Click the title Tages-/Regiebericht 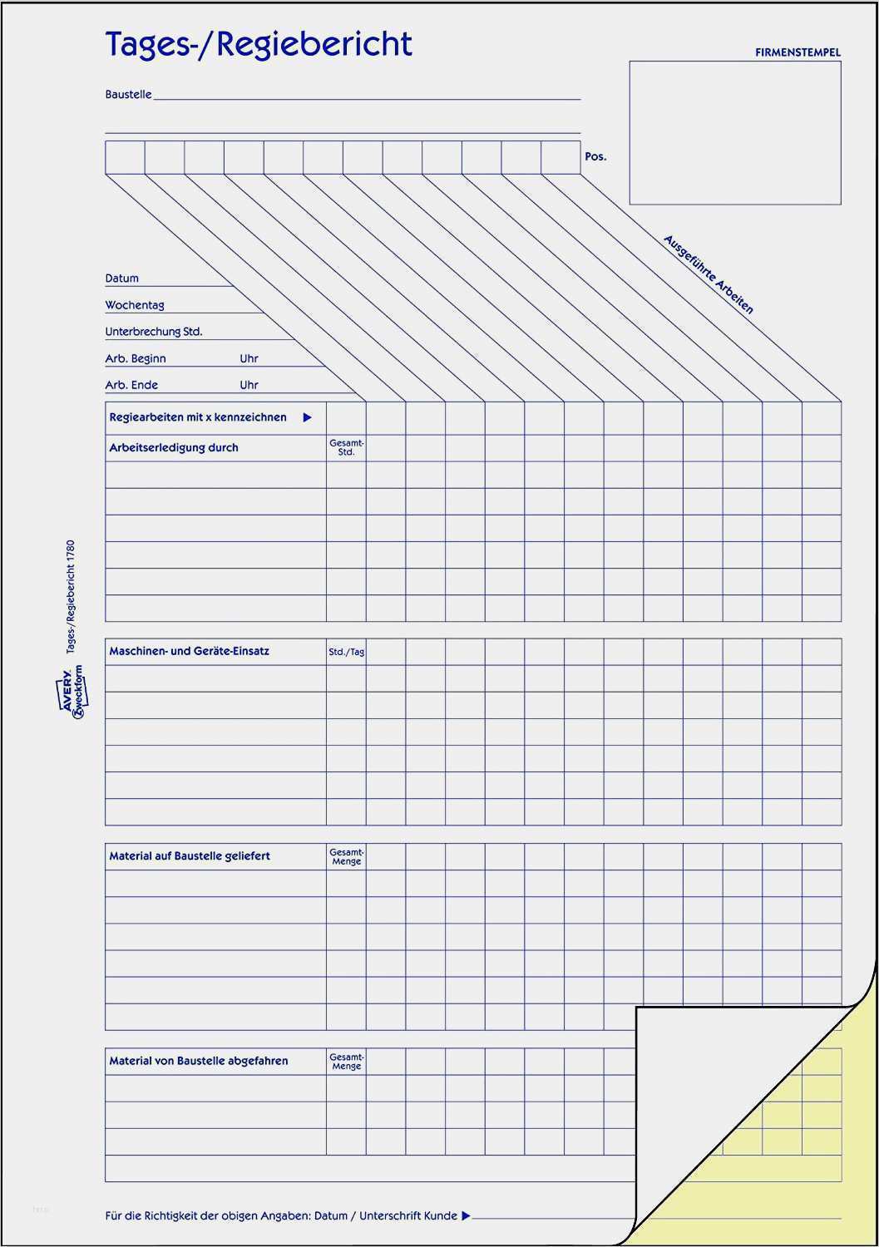(259, 44)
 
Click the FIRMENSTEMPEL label (798, 52)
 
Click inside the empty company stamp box (734, 133)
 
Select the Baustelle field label (128, 95)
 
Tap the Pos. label (595, 156)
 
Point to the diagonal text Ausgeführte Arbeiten (709, 274)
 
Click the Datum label (122, 278)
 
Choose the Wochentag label (135, 305)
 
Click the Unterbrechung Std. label (154, 332)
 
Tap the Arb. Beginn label (136, 358)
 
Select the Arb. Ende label (131, 385)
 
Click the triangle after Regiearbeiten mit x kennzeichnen (308, 417)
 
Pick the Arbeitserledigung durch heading (174, 447)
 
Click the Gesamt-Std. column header (346, 447)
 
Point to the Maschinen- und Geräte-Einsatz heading (190, 652)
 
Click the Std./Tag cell (346, 652)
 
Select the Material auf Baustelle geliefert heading (190, 856)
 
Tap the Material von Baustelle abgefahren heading (199, 1061)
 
